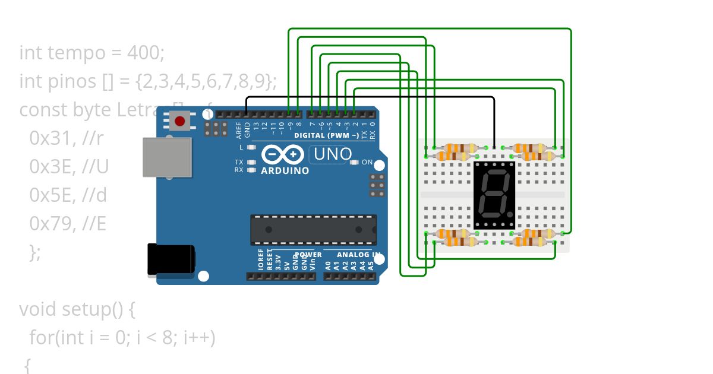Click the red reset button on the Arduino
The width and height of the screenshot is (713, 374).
[x=179, y=122]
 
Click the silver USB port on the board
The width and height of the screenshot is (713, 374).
[x=167, y=157]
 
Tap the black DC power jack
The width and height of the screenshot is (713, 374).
[x=171, y=259]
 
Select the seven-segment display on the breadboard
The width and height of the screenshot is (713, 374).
[x=494, y=194]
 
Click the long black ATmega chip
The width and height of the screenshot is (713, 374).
[x=313, y=230]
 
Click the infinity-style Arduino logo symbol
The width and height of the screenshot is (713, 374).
[x=283, y=155]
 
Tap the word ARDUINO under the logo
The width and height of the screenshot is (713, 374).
[x=285, y=170]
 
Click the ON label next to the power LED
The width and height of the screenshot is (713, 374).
[x=367, y=162]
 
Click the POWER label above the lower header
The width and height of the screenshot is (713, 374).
[x=308, y=254]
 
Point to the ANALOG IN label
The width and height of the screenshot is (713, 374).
[x=359, y=254]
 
